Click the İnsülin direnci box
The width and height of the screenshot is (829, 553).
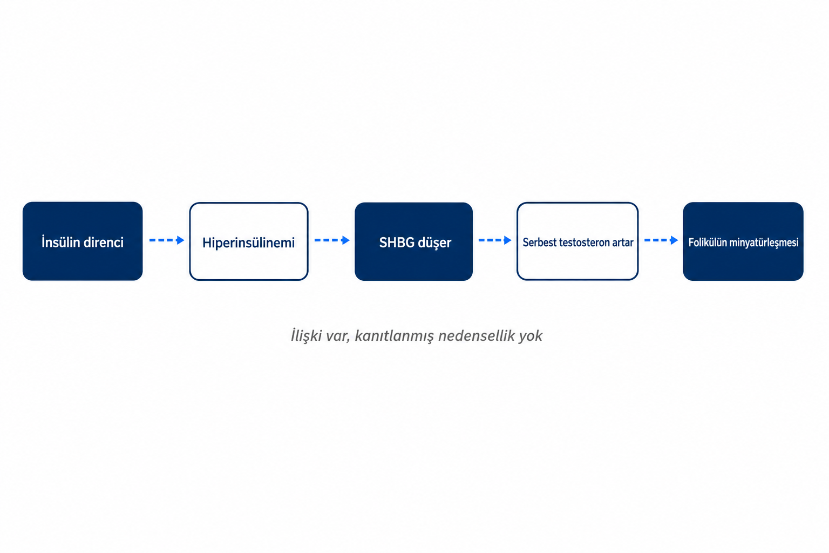coord(83,241)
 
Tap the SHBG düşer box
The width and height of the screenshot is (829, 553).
coord(414,241)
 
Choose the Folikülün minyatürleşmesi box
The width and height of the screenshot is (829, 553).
coord(743,241)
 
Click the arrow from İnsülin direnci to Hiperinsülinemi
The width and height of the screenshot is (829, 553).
coord(167,240)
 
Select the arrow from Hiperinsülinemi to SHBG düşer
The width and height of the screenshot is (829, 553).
coord(332,240)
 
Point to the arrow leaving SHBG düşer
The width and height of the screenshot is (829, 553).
coord(495,240)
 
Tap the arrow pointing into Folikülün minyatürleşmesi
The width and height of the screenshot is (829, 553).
coord(661,240)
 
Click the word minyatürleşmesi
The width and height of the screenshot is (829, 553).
coord(764,243)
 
